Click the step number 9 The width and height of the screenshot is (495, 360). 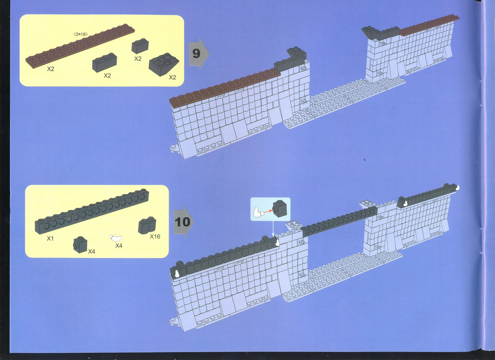[x=196, y=53]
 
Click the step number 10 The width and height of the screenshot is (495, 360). [x=183, y=222]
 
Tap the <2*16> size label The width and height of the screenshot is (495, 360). [x=80, y=34]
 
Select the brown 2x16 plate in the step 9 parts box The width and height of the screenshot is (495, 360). [x=80, y=46]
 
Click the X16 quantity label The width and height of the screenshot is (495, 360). [x=155, y=236]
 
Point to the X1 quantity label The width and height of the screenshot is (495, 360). [x=50, y=238]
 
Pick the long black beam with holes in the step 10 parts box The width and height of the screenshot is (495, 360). [x=92, y=211]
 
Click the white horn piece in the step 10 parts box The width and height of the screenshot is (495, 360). [x=116, y=238]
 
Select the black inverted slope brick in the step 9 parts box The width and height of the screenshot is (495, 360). [x=164, y=64]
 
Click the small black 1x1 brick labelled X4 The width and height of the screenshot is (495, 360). [x=80, y=245]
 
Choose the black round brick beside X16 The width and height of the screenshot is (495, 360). [x=147, y=225]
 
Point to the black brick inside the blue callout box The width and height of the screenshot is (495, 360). [x=280, y=209]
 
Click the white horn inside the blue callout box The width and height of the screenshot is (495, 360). [x=258, y=212]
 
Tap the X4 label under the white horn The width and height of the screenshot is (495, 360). [x=119, y=246]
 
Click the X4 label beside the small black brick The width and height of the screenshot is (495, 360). [x=92, y=252]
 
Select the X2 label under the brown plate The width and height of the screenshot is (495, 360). [x=50, y=69]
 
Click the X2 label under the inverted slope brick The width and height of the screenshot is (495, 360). [x=172, y=77]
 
